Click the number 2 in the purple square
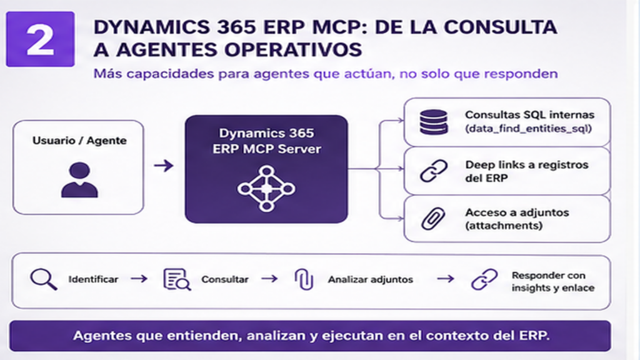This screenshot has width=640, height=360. (41, 39)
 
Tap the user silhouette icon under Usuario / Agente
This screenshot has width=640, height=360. (79, 180)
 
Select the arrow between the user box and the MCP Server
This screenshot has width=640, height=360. (164, 166)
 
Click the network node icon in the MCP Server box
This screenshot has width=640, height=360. (266, 189)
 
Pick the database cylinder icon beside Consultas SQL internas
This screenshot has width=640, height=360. (434, 122)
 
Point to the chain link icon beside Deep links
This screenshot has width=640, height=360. (434, 170)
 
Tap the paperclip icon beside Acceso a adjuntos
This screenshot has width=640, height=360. (433, 218)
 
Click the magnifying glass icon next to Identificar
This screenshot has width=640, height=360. (44, 279)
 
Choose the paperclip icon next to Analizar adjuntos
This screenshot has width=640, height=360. (304, 279)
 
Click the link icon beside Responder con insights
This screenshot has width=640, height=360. (484, 279)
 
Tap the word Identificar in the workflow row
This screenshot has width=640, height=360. (93, 279)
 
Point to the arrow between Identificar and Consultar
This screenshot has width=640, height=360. (139, 279)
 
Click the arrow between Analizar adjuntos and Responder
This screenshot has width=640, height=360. (445, 279)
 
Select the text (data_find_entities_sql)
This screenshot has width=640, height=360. (528, 129)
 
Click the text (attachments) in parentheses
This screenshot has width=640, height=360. (504, 226)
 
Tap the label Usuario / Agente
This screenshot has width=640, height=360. (79, 141)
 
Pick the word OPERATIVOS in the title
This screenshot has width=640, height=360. (292, 50)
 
